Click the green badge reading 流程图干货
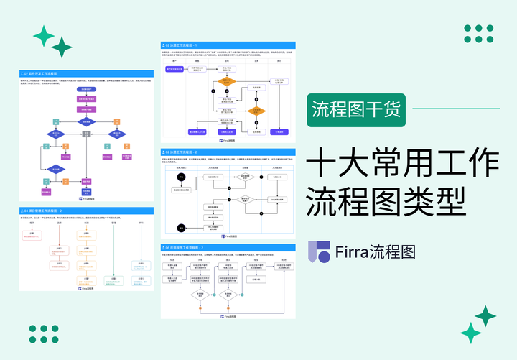357,110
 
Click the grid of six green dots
478,34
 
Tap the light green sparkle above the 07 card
44,35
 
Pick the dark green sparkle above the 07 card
62,47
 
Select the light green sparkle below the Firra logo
470,333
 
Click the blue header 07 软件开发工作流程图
87,73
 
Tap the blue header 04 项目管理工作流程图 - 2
87,211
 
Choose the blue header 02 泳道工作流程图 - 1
227,45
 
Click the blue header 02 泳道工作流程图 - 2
227,152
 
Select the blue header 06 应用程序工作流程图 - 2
227,246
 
